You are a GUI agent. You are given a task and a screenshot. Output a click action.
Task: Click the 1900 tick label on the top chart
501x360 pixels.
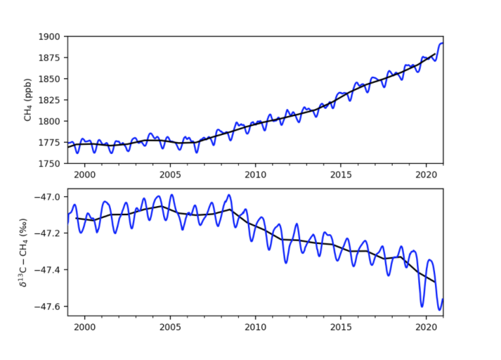pyautogui.click(x=52, y=37)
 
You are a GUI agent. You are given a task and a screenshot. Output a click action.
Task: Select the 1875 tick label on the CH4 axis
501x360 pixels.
pyautogui.click(x=52, y=57)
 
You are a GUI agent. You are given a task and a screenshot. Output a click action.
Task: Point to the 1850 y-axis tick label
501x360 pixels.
pyautogui.click(x=52, y=79)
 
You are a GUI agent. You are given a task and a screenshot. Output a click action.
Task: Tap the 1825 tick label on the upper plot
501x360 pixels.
pyautogui.click(x=52, y=100)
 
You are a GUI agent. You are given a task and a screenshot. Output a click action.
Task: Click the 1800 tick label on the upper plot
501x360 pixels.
pyautogui.click(x=52, y=121)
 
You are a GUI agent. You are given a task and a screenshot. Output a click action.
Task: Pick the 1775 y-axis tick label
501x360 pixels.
pyautogui.click(x=52, y=142)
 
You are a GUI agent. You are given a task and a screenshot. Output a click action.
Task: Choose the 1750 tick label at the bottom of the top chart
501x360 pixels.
pyautogui.click(x=52, y=163)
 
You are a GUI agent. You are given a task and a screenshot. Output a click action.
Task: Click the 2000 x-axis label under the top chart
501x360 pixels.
pyautogui.click(x=85, y=175)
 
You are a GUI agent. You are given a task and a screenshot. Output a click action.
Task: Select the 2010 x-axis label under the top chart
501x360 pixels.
pyautogui.click(x=255, y=175)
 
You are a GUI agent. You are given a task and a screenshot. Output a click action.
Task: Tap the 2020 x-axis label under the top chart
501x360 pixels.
pyautogui.click(x=426, y=175)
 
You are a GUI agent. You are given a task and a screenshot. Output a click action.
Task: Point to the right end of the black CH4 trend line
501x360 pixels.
pyautogui.click(x=435, y=54)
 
